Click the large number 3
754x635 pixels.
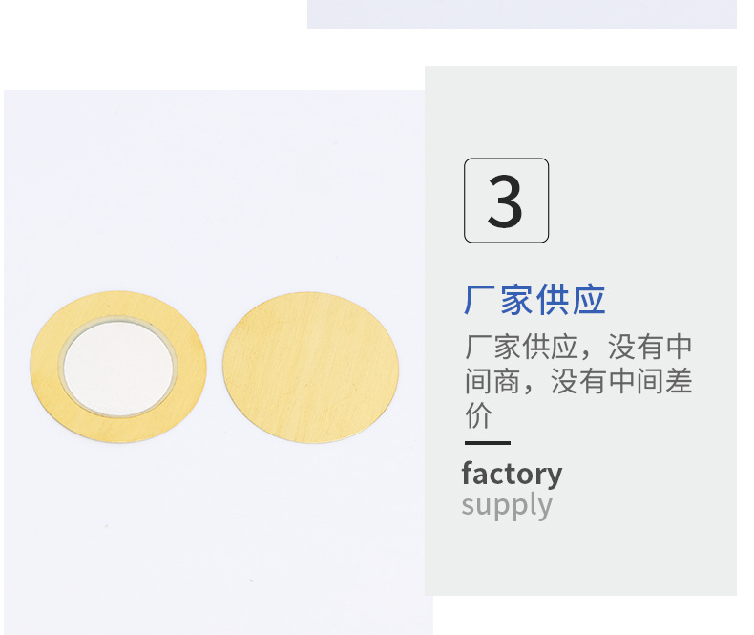(x=505, y=201)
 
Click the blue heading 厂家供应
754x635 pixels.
(x=534, y=300)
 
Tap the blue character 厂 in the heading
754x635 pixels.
(x=480, y=300)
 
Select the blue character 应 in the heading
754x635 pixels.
(x=589, y=300)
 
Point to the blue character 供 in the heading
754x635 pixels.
(x=553, y=300)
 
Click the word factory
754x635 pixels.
(x=512, y=474)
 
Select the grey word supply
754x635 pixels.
(x=506, y=505)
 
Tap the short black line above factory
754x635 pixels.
(x=487, y=443)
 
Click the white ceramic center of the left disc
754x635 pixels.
(x=118, y=367)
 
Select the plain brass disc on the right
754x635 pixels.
(x=310, y=367)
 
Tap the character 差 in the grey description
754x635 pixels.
(x=677, y=381)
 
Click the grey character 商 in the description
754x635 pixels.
(x=516, y=381)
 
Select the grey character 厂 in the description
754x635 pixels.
(x=480, y=346)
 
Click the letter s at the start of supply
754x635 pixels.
(x=469, y=506)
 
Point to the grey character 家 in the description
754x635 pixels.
(x=516, y=346)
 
